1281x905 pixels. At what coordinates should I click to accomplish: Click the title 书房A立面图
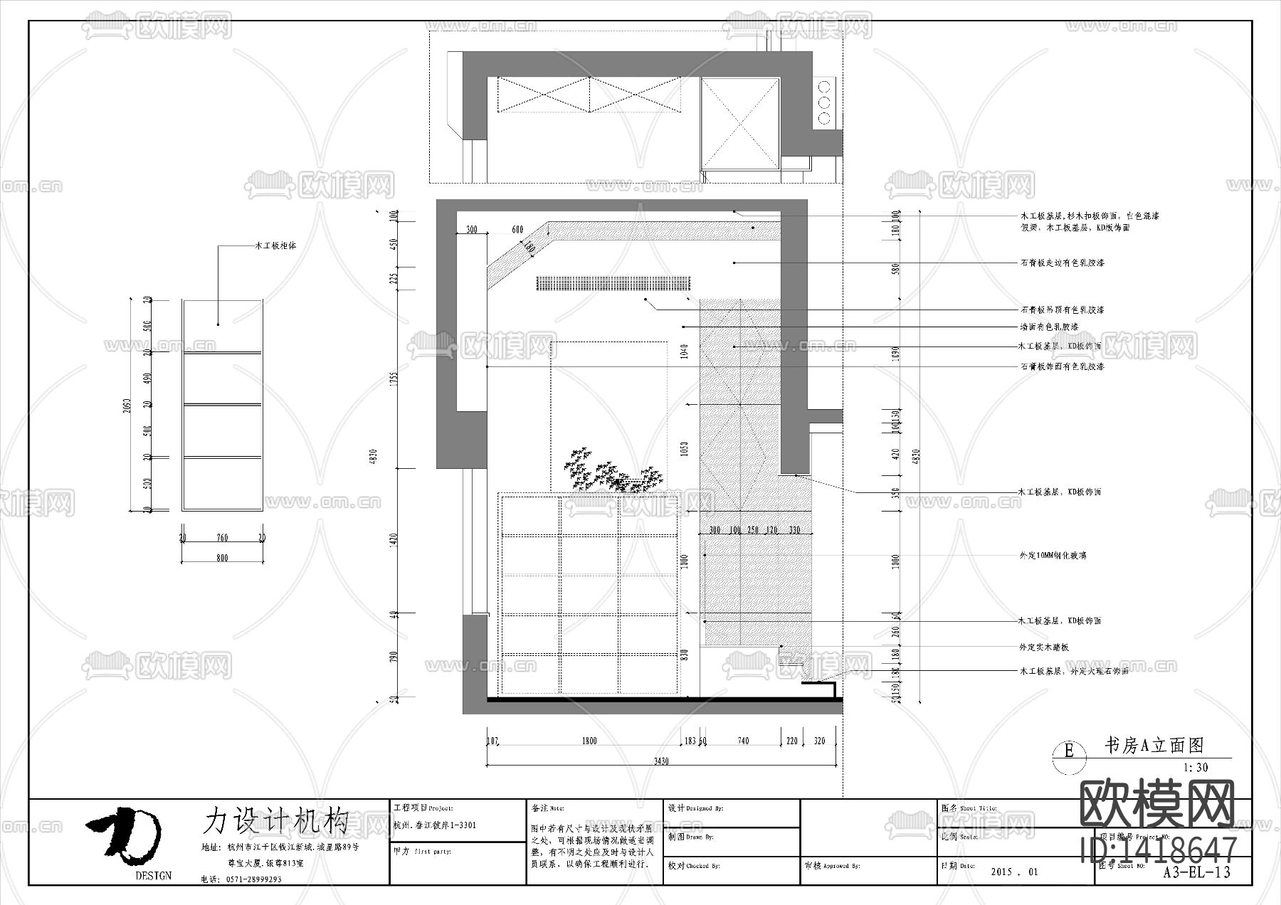point(1153,745)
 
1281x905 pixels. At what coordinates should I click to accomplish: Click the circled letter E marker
point(1068,751)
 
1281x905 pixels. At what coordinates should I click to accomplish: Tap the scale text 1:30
point(1195,768)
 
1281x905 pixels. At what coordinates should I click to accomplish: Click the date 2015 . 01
point(1014,872)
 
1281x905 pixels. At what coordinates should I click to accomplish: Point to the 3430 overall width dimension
point(661,761)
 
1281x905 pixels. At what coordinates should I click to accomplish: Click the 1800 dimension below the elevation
point(589,741)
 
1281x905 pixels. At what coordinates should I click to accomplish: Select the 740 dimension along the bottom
point(743,741)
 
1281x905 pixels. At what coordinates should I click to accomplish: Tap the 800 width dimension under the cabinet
point(222,558)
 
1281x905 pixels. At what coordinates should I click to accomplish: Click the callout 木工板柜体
point(275,246)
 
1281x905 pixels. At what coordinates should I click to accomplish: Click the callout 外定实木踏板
point(1044,647)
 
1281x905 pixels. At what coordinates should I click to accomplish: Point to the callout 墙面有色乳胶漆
point(1048,327)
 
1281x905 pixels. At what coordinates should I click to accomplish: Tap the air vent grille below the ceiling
point(613,283)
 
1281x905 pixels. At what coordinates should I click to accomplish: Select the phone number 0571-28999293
point(254,879)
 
